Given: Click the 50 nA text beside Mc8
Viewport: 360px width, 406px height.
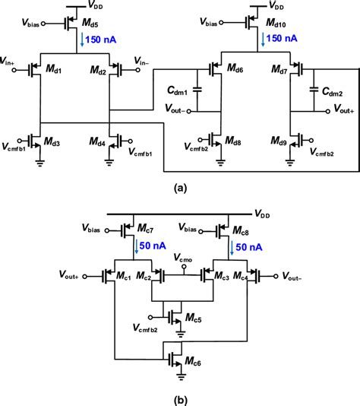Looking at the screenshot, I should [x=250, y=248].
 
